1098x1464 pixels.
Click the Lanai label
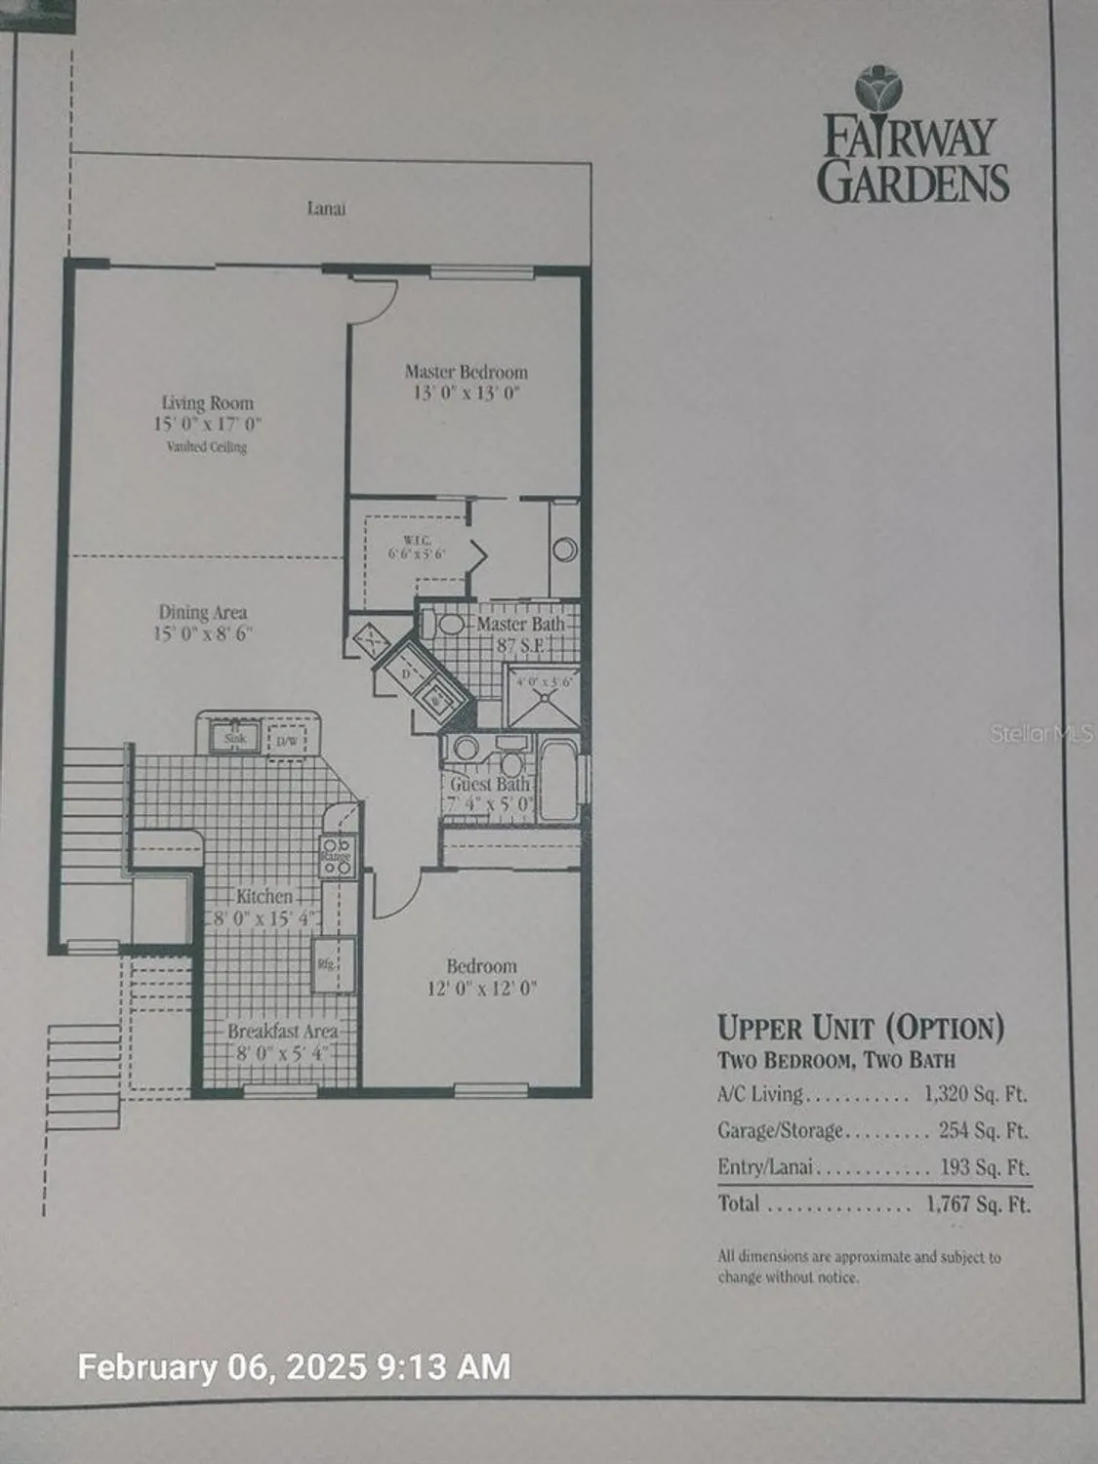tap(326, 208)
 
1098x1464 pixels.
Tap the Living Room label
tap(207, 402)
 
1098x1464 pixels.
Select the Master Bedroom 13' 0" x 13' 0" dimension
tap(466, 393)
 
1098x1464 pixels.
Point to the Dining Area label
tap(203, 612)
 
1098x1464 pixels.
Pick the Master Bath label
tap(520, 624)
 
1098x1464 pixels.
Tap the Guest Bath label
tap(490, 784)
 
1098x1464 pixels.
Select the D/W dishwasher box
tap(287, 741)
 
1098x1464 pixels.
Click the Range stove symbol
tap(338, 852)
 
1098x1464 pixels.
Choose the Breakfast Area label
tap(283, 1032)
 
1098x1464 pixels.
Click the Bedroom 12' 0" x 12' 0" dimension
tap(482, 989)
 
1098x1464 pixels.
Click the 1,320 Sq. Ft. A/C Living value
tap(975, 1094)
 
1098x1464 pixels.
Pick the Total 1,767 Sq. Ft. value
tap(978, 1203)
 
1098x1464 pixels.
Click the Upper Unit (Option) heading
tap(861, 1028)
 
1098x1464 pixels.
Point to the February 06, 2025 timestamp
tap(293, 1366)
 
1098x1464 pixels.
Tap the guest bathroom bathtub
tap(557, 781)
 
